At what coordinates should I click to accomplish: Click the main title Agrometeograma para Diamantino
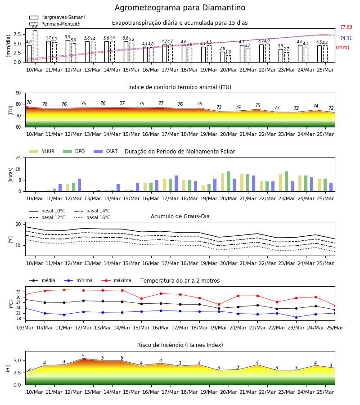point(180,8)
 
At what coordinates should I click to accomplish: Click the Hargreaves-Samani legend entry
point(57,17)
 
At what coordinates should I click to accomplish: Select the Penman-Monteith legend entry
point(55,24)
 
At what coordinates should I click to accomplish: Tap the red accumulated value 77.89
point(346,27)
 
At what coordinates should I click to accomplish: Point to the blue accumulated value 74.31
point(346,38)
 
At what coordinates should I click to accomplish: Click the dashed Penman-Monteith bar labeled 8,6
point(35,46)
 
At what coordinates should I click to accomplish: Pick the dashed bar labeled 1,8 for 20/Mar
point(229,59)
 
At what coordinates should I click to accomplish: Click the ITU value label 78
point(29,102)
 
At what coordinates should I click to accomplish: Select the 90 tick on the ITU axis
point(18,93)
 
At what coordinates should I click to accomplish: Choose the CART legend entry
point(106,151)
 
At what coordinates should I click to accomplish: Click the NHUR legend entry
point(42,151)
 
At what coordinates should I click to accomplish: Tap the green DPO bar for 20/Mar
point(228,181)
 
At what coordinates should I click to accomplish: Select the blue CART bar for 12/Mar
point(79,185)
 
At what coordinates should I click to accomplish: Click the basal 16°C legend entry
point(92,217)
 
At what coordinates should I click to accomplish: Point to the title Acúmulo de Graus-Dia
point(180,216)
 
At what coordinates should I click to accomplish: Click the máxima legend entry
point(116,280)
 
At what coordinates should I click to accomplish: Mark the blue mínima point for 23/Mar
point(296,317)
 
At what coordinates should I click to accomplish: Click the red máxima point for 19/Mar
point(219,305)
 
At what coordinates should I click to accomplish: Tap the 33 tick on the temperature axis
point(18,292)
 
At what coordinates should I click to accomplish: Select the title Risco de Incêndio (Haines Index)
point(180,345)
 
